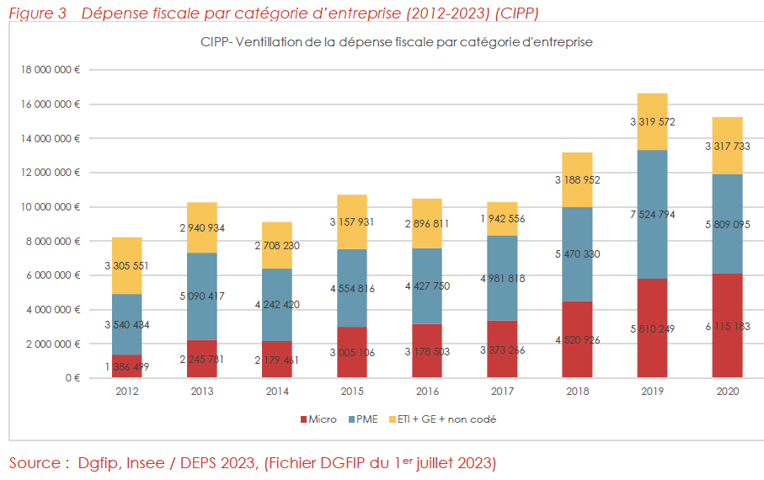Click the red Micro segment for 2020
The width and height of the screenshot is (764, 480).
(727, 325)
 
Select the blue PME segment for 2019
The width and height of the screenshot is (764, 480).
(653, 214)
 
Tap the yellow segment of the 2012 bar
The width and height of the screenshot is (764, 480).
(127, 265)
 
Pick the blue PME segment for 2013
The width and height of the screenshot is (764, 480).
(202, 296)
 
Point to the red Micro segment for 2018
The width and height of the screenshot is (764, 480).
(577, 339)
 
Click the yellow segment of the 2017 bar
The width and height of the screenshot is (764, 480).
(502, 218)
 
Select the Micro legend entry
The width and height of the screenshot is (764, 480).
(318, 419)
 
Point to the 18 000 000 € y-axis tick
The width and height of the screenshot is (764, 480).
(50, 70)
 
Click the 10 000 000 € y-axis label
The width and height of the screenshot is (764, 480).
(50, 207)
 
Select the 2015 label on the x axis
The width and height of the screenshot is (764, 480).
(352, 392)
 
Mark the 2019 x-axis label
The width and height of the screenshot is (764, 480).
(652, 392)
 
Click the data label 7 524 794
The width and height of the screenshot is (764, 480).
(653, 215)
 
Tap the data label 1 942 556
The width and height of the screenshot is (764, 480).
(502, 219)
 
